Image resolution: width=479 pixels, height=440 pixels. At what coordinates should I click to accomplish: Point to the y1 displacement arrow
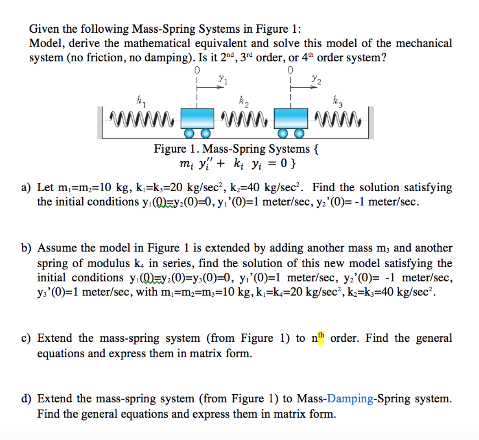point(210,89)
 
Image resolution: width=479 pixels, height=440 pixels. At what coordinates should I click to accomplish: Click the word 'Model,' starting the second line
point(46,43)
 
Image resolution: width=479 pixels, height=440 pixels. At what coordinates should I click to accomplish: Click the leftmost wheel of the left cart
point(189,134)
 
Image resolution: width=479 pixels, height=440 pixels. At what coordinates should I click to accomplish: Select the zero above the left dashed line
point(196,70)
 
